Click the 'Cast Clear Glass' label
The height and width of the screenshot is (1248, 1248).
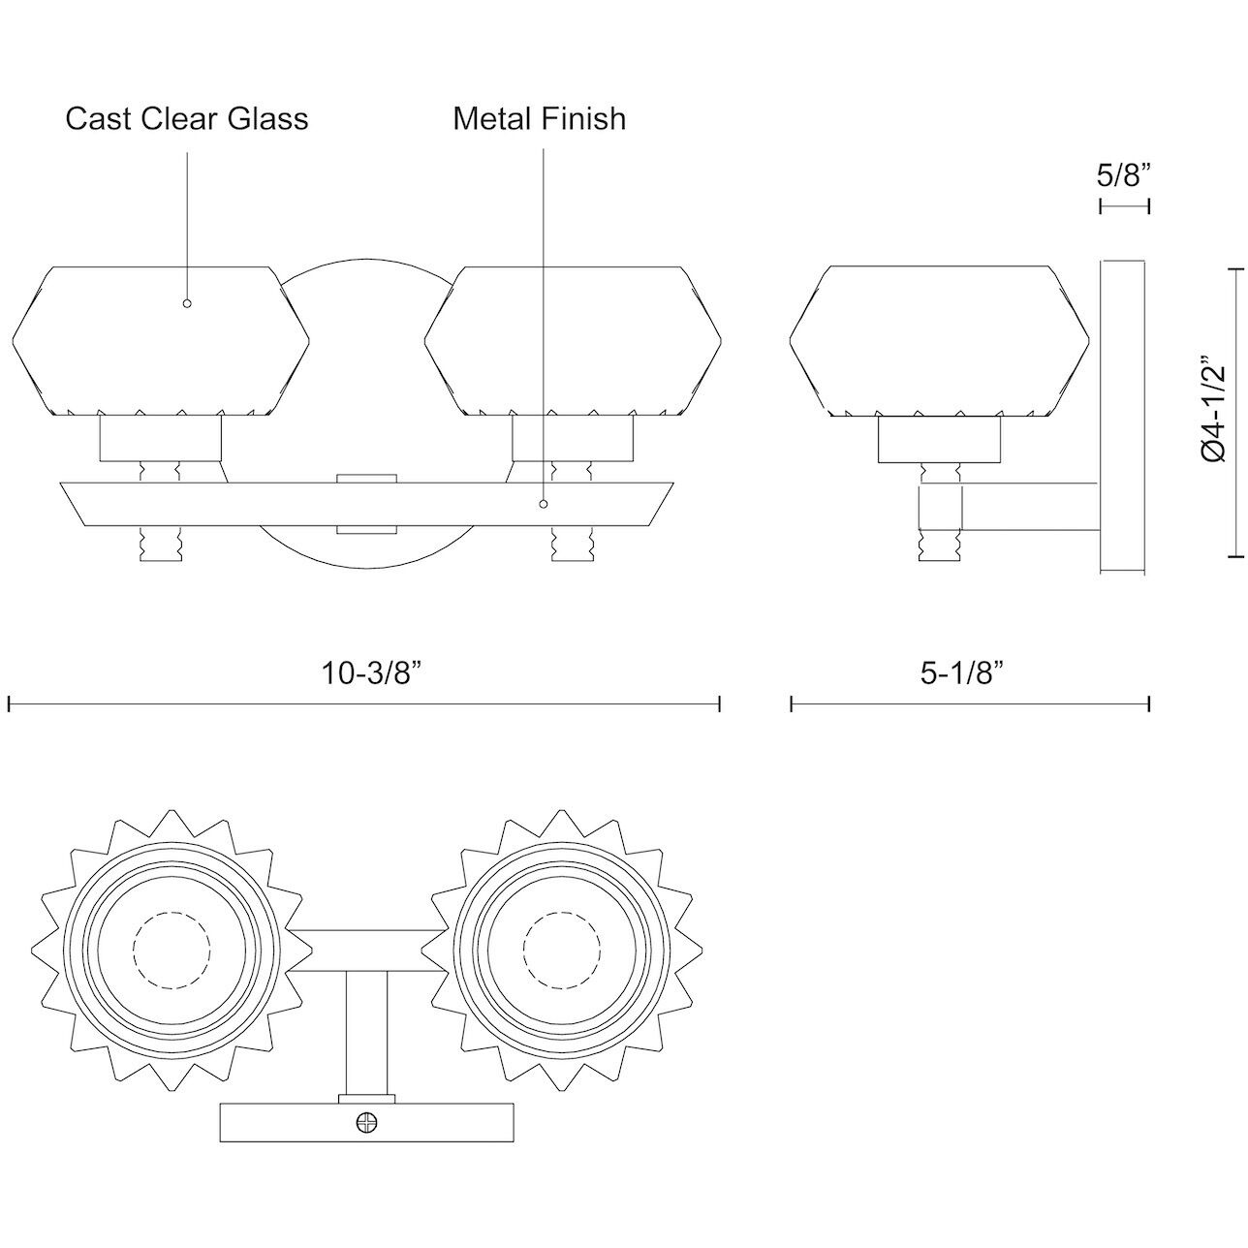coord(187,118)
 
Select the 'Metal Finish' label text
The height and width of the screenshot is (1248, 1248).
coord(540,118)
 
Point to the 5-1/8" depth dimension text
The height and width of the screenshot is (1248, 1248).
coord(960,672)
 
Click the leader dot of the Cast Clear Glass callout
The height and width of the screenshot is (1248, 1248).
coord(187,303)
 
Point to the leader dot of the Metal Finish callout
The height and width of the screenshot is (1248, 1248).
coord(543,504)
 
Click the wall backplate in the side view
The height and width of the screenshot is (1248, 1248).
coord(1124,417)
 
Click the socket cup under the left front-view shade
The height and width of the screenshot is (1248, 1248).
coord(161,439)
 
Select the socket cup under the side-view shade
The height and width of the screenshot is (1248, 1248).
coord(938,439)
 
